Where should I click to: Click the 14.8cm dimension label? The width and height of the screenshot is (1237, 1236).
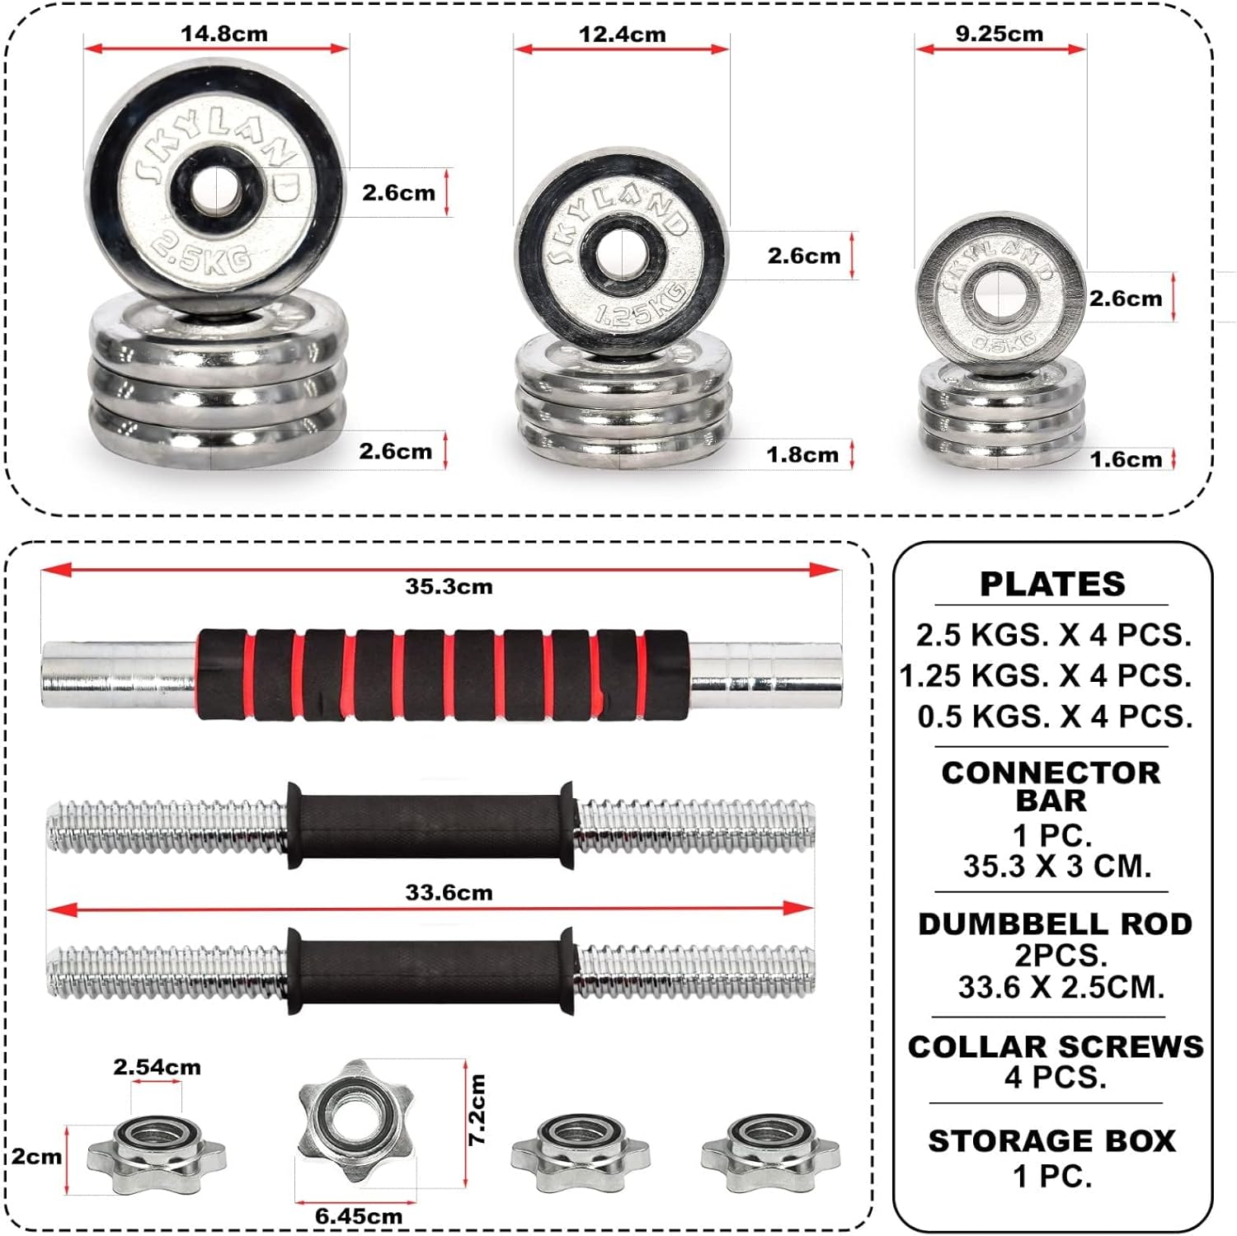click(224, 34)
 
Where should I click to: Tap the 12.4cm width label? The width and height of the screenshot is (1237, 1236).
click(622, 35)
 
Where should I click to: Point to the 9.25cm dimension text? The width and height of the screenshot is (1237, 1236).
click(999, 34)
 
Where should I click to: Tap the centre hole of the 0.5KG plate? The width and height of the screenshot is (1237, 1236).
click(999, 294)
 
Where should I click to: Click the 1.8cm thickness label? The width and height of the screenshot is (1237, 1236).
click(802, 454)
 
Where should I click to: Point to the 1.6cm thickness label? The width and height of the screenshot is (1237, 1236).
click(1126, 459)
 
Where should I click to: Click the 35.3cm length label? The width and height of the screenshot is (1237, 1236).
click(449, 586)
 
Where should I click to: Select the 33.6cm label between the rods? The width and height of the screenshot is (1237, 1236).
click(449, 892)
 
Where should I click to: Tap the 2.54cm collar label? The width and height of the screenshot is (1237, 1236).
click(157, 1067)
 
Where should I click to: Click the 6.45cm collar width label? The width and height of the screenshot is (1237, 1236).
click(359, 1216)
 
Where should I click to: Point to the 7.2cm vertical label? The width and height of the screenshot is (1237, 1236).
click(477, 1109)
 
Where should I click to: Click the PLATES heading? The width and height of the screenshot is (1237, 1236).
click(1052, 584)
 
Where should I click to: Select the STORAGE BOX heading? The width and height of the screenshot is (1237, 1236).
click(1052, 1140)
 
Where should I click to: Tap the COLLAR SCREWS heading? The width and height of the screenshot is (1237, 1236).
click(1055, 1046)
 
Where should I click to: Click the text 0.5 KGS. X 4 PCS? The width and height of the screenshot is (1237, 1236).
click(1055, 716)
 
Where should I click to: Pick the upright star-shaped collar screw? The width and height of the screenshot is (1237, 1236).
click(355, 1119)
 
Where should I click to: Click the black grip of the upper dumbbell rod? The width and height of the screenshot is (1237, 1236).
click(430, 825)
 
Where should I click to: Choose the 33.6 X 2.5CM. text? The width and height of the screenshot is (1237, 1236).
click(1061, 986)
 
